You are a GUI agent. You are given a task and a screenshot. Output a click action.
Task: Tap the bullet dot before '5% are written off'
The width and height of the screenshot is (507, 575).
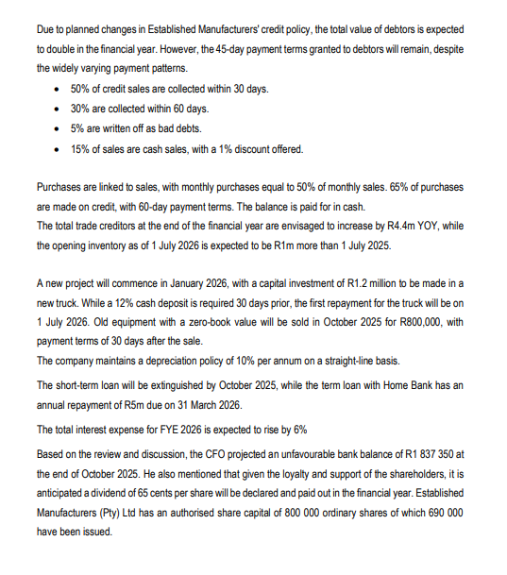pos(60,127)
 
